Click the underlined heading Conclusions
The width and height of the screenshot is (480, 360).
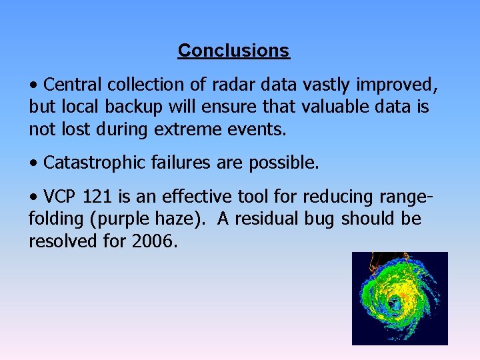[233, 51]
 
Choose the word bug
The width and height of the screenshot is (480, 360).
[303, 219]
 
